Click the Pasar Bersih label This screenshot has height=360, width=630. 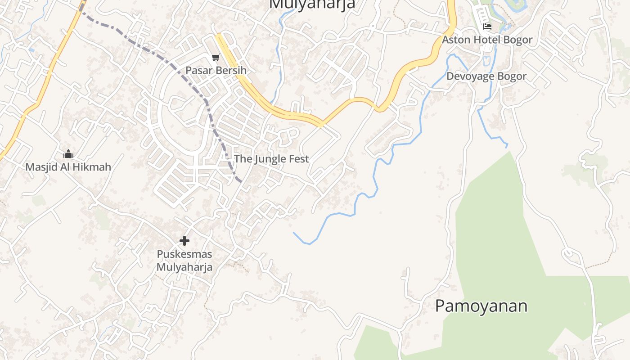point(216,71)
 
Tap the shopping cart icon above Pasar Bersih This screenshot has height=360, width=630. point(216,57)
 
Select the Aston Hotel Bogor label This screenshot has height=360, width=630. point(487,40)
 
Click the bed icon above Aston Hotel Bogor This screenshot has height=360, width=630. point(487,27)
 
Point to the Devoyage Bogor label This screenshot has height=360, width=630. point(486,76)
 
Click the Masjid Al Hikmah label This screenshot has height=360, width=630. point(68,167)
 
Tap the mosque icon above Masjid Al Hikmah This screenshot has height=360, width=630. point(68,154)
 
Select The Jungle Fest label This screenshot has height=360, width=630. point(271,159)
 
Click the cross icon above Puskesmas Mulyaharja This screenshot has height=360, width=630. point(184,241)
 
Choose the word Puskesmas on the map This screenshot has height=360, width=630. point(184,254)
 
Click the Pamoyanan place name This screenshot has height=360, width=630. point(481,306)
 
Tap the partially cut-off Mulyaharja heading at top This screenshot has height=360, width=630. point(312,4)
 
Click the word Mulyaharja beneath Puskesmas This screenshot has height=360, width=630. point(184,267)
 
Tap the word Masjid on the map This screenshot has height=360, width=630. point(40,167)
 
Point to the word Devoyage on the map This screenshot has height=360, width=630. point(469,76)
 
